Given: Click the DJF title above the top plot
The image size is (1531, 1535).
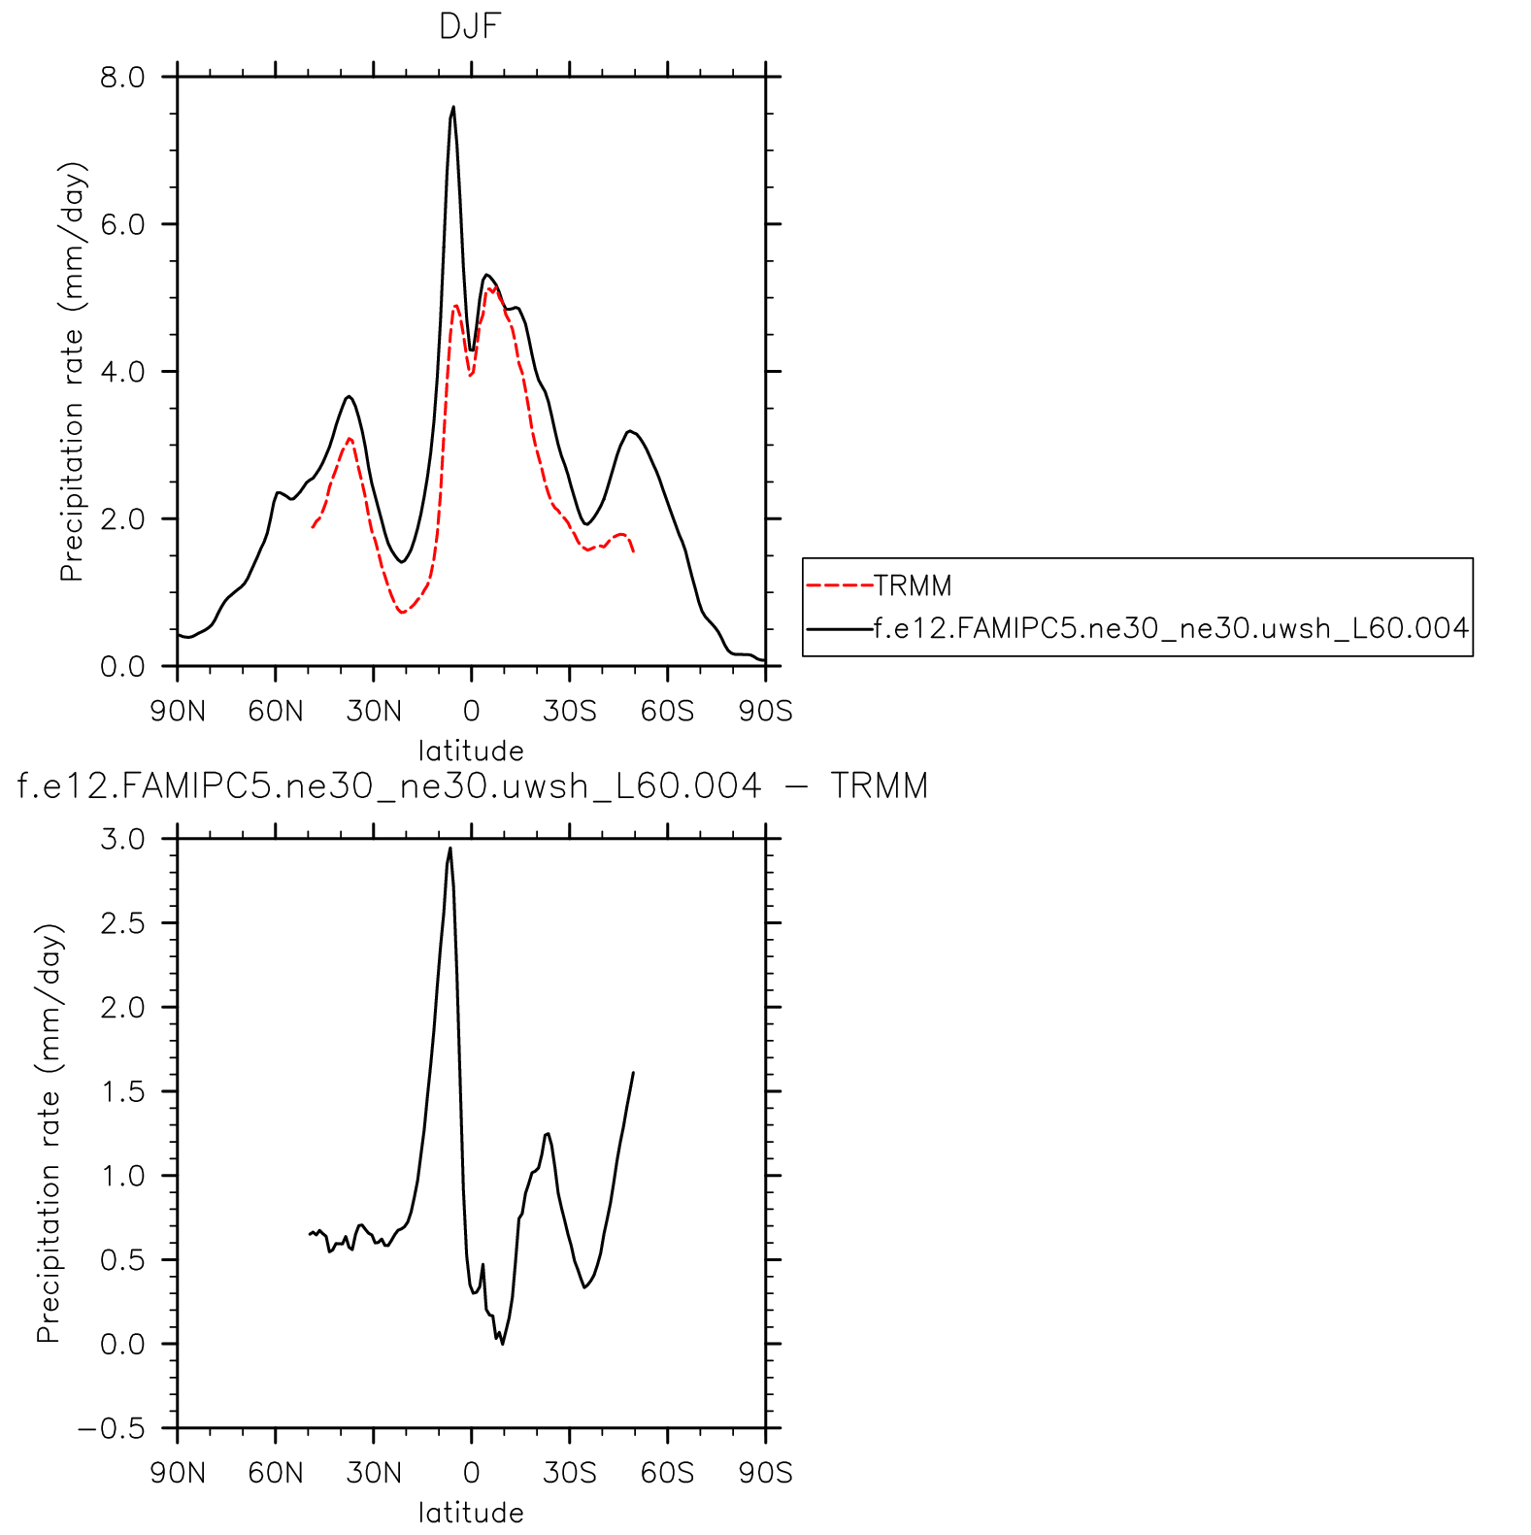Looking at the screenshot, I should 470,26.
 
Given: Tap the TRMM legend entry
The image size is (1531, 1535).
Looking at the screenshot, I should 912,585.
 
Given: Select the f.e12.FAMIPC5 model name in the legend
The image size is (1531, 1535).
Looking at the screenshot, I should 1170,628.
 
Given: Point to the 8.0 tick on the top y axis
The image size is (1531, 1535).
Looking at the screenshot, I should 122,77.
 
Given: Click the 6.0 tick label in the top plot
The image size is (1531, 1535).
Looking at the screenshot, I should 122,224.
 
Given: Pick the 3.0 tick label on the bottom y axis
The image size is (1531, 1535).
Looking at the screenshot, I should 122,839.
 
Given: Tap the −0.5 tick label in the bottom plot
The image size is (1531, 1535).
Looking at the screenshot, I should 111,1428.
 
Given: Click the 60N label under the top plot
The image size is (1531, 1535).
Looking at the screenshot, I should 276,712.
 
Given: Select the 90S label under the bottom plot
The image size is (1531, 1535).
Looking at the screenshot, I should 765,1473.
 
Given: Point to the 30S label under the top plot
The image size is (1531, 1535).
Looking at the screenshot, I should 570,712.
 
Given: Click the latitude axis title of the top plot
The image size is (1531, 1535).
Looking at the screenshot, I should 471,751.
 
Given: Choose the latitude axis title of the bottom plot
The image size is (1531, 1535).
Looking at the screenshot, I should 471,1513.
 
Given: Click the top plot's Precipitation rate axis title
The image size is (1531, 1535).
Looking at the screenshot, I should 73,371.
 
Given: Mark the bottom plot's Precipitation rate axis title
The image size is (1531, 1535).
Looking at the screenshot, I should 49,1133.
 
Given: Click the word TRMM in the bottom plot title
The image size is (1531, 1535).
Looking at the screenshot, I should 879,785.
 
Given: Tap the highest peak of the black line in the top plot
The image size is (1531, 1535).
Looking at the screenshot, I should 453,108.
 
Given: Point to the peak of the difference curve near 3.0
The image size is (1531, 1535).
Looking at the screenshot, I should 449,849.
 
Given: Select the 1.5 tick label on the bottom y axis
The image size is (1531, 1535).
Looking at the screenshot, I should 122,1091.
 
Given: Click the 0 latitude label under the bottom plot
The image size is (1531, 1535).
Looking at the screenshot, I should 471,1473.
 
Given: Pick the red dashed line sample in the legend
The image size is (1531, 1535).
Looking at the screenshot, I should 839,585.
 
